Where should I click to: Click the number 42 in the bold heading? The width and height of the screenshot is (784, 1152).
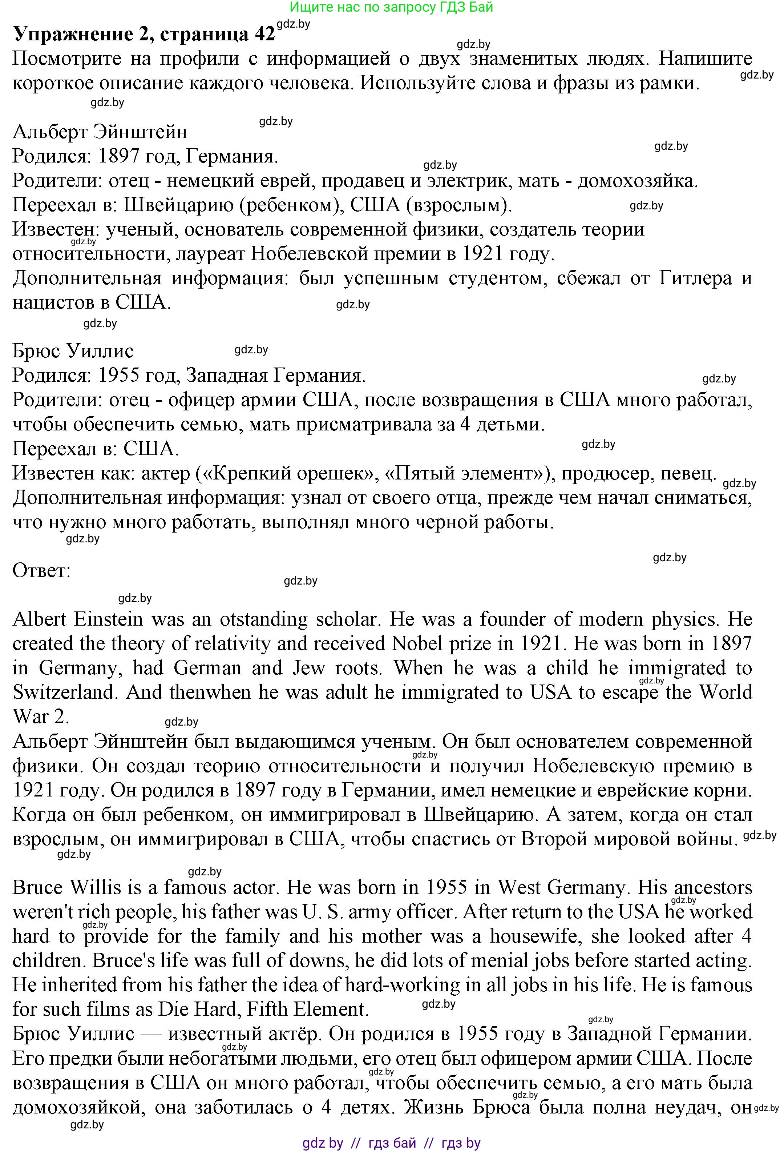[264, 34]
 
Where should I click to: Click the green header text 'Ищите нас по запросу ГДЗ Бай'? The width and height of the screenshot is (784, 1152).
[391, 7]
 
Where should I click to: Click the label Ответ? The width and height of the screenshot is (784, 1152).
[42, 571]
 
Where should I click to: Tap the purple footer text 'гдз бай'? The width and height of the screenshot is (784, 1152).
[392, 1143]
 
